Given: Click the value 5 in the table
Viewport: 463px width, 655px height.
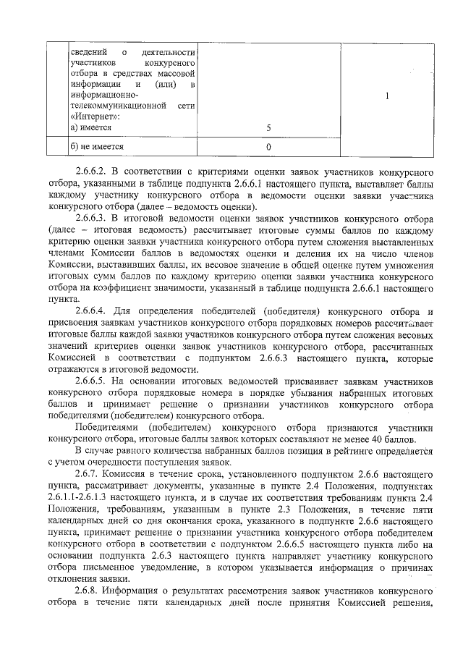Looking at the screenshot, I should (x=268, y=127).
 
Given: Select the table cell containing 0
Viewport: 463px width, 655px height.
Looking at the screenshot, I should (x=268, y=147).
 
